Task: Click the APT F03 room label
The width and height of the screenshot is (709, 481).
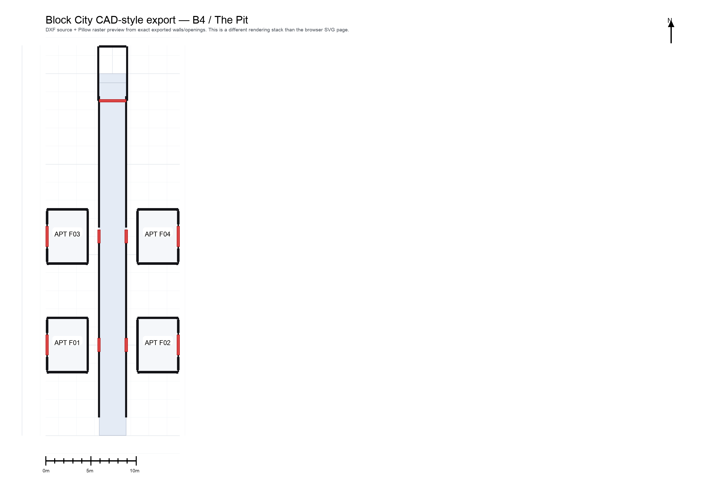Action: pyautogui.click(x=67, y=234)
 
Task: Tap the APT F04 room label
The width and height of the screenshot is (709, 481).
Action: pyautogui.click(x=157, y=234)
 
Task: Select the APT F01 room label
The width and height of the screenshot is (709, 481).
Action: pyautogui.click(x=67, y=343)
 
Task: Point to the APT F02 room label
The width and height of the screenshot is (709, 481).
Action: pyautogui.click(x=157, y=343)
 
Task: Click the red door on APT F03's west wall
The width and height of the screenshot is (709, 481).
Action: pyautogui.click(x=47, y=236)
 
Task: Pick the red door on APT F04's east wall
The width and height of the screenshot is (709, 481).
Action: pyautogui.click(x=178, y=236)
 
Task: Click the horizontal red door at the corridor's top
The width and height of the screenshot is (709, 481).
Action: pyautogui.click(x=113, y=101)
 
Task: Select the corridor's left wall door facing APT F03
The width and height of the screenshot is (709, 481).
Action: pyautogui.click(x=99, y=236)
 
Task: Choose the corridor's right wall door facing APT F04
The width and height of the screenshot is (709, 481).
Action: pyautogui.click(x=126, y=236)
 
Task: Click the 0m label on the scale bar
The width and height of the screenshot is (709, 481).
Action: pyautogui.click(x=46, y=471)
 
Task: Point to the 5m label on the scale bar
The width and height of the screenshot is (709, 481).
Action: pyautogui.click(x=90, y=471)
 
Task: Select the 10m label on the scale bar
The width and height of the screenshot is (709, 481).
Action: pyautogui.click(x=134, y=471)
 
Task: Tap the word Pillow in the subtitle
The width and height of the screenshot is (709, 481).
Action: pyautogui.click(x=85, y=30)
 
